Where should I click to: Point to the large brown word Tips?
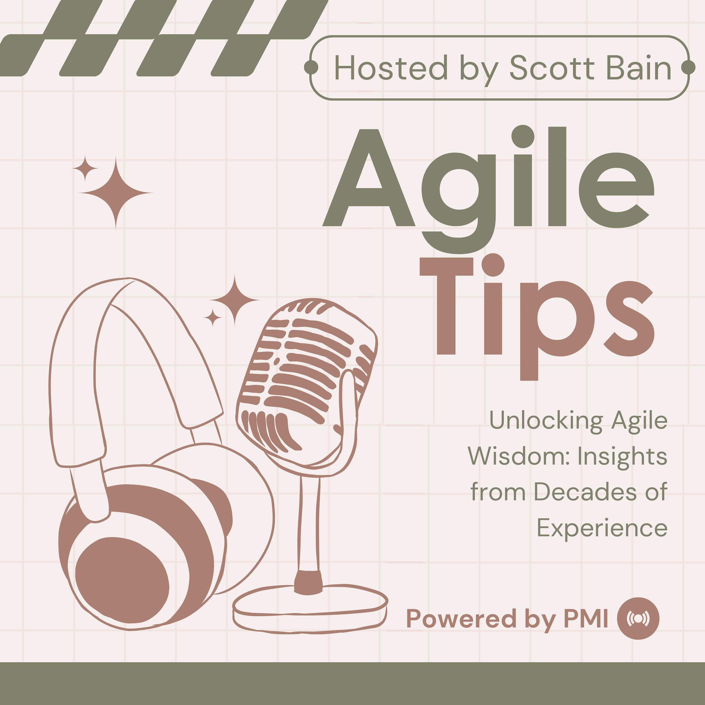[537, 314]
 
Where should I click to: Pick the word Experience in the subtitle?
[602, 528]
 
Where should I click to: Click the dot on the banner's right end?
[688, 67]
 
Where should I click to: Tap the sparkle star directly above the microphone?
[235, 300]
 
